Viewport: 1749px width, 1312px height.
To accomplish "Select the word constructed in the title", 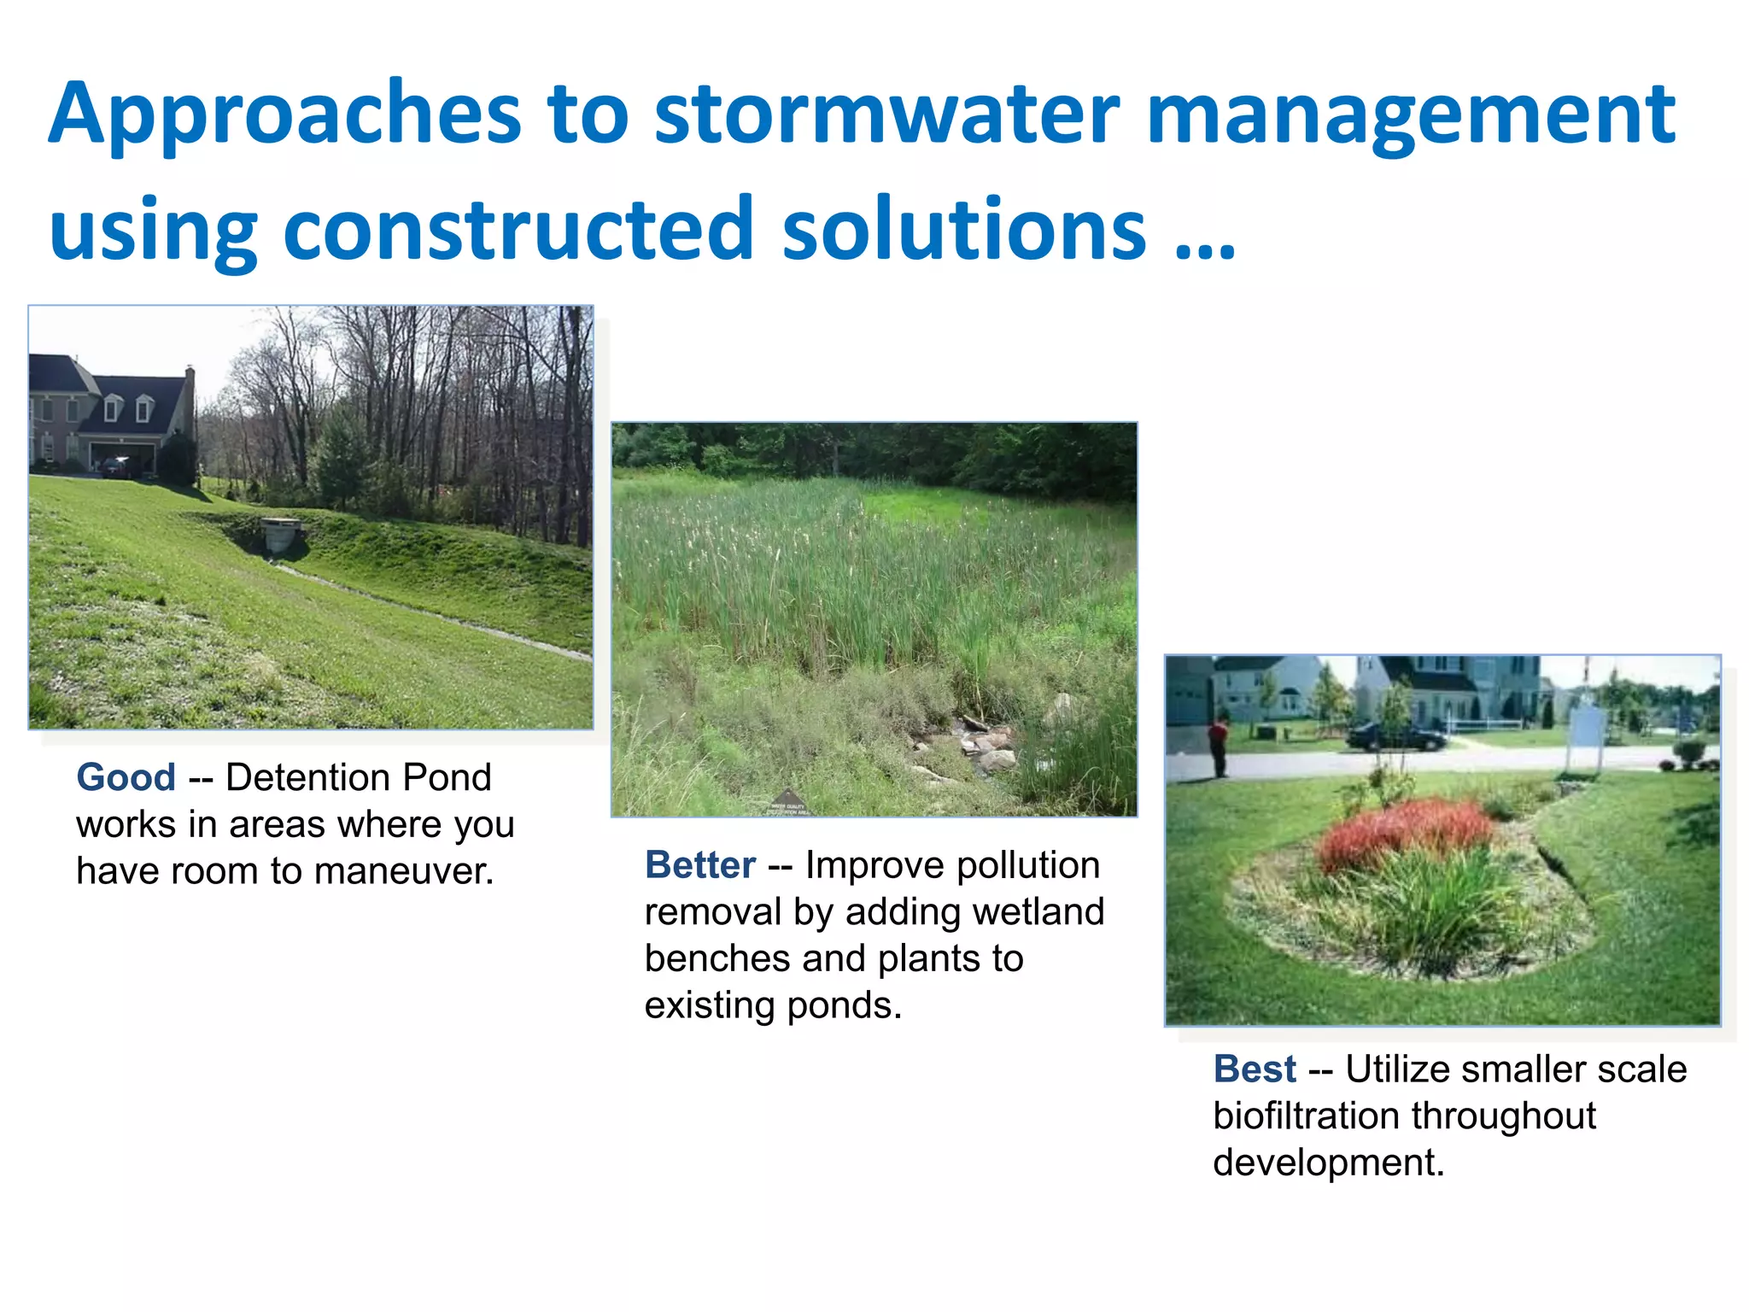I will click(x=518, y=229).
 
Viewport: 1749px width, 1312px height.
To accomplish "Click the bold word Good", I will click(x=126, y=778).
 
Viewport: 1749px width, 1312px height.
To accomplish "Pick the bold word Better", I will click(x=699, y=865).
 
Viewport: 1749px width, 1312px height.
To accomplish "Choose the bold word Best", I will click(x=1254, y=1069).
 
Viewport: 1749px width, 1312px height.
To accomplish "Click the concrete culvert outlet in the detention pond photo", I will click(x=282, y=535).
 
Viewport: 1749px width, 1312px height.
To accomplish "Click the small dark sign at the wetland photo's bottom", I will click(x=787, y=803).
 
